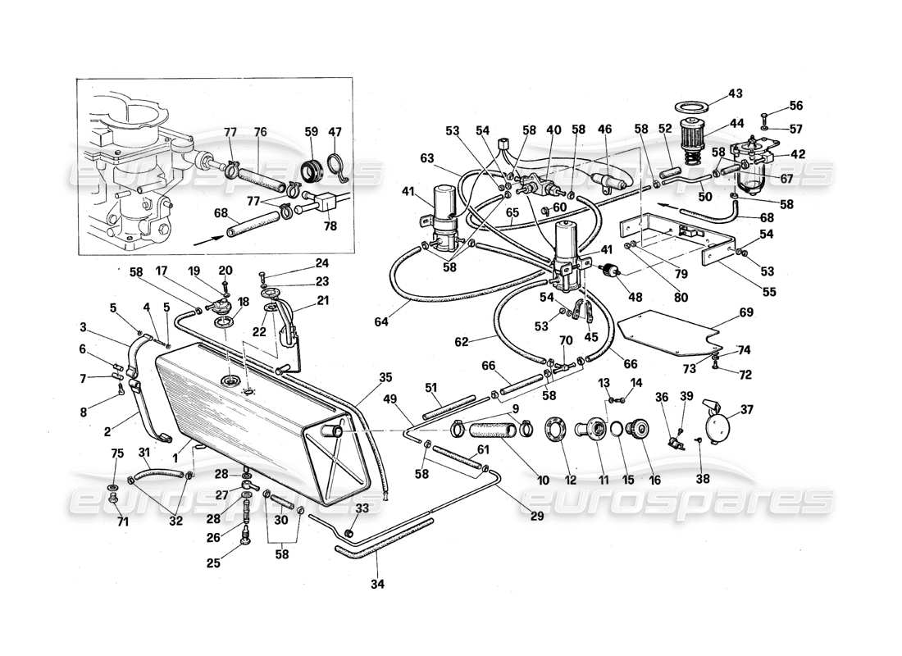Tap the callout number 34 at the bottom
pyautogui.click(x=377, y=585)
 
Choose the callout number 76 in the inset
pyautogui.click(x=260, y=132)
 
